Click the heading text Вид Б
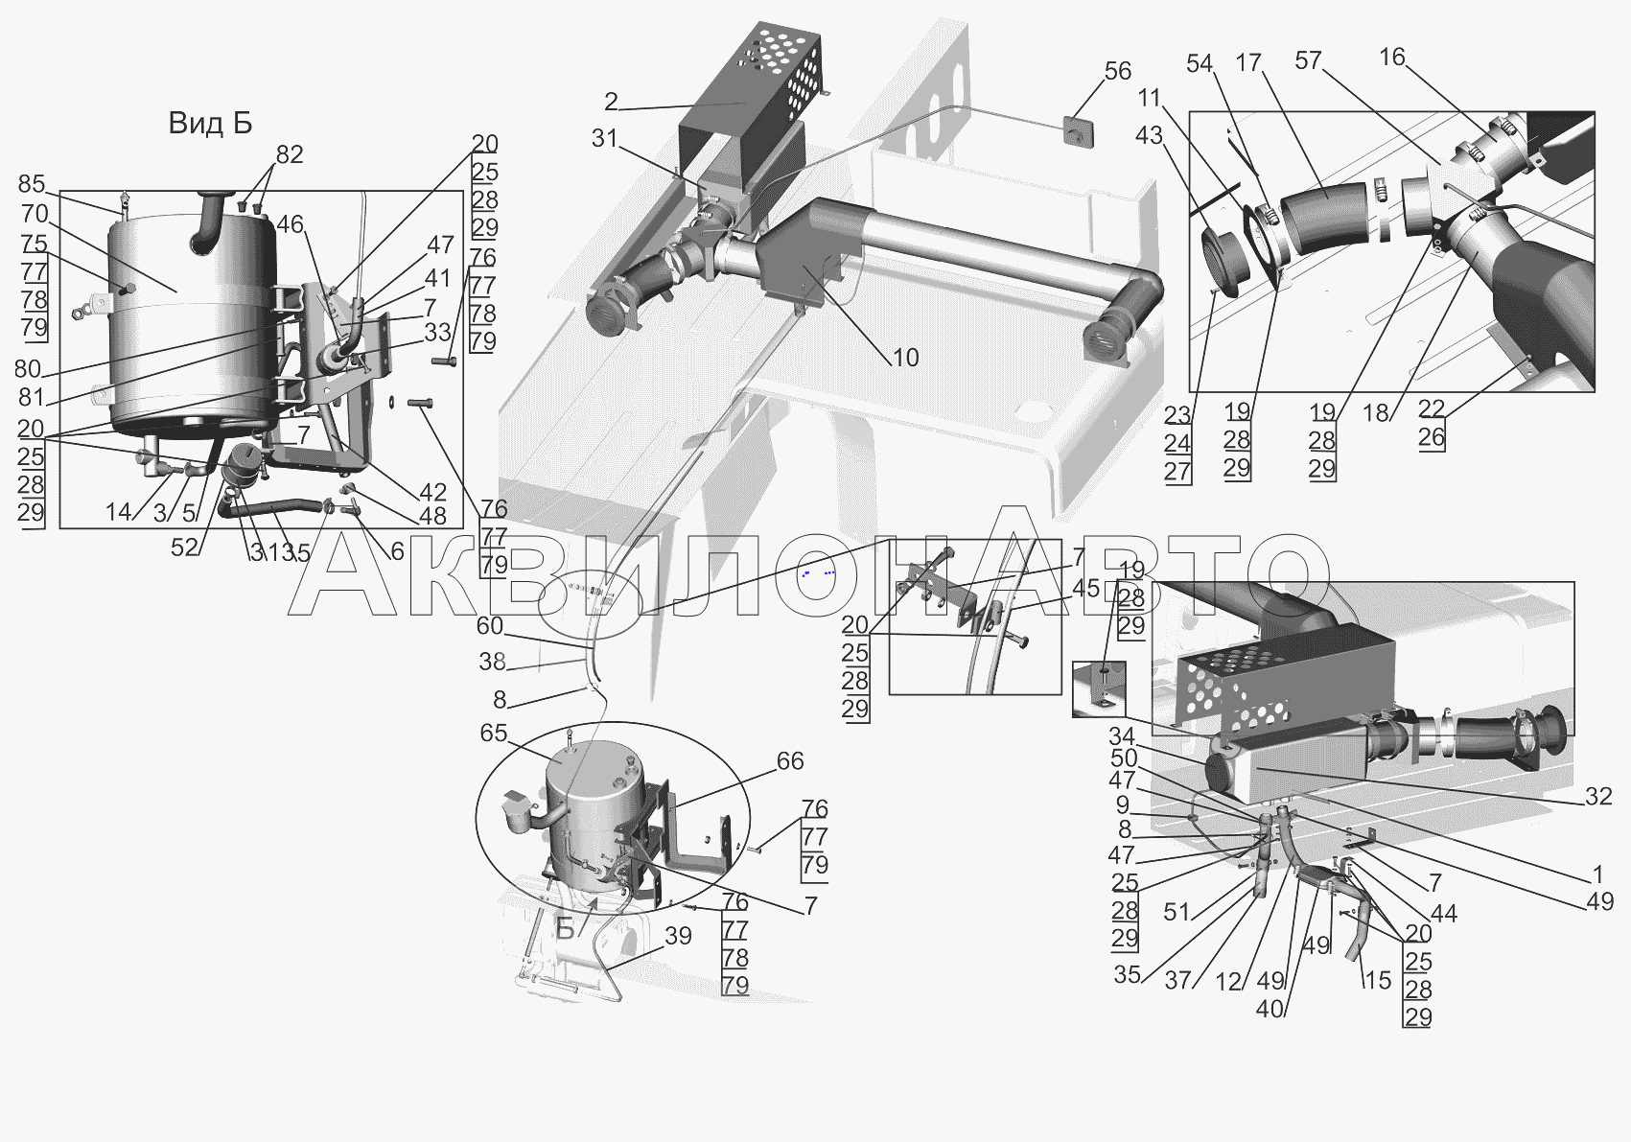click(x=210, y=123)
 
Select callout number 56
click(x=1118, y=71)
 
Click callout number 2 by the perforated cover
click(x=611, y=102)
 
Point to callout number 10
click(x=905, y=357)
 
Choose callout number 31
click(x=604, y=138)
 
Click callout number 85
click(x=32, y=183)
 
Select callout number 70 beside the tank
click(x=35, y=214)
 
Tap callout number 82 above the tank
click(x=289, y=153)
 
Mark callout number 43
click(x=1149, y=135)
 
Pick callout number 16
click(x=1391, y=57)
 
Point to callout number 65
click(x=493, y=732)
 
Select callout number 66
click(x=790, y=760)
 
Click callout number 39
click(x=678, y=936)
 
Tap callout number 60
click(x=490, y=625)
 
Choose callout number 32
click(x=1598, y=796)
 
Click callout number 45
click(x=1085, y=588)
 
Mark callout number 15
click(x=1378, y=980)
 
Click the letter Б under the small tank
click(x=566, y=928)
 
